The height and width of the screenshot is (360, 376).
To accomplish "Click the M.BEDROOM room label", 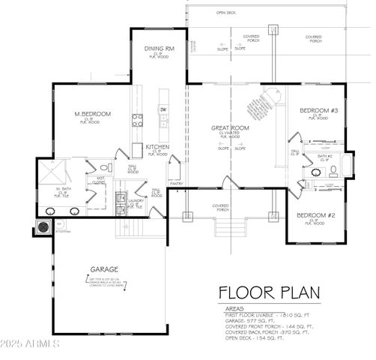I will coord(92,113).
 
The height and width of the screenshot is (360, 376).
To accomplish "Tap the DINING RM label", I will coord(159,49).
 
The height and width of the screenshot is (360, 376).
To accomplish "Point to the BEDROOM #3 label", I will coord(319,110).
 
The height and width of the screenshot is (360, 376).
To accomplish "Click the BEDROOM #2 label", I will coord(315,215).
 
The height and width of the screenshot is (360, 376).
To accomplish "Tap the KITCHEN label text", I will coord(157,146).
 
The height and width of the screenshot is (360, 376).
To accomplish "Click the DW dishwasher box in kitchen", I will coord(163,109).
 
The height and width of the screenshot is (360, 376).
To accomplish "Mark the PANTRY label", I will coord(177,182).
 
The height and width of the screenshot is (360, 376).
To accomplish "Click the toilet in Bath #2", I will coord(333,171).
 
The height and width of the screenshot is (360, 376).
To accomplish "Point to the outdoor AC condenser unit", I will coord(43,226).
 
